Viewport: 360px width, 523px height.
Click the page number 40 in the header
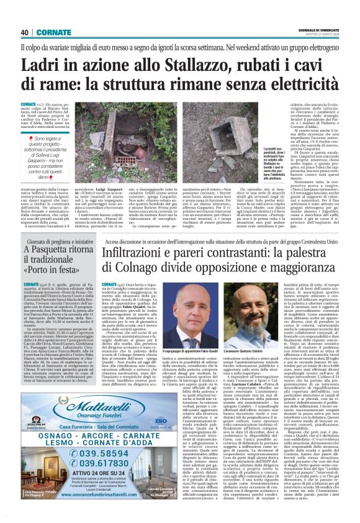[x=25, y=32]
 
